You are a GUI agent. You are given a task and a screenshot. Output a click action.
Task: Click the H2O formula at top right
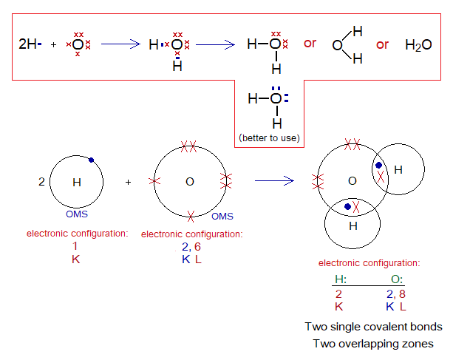pyautogui.click(x=418, y=45)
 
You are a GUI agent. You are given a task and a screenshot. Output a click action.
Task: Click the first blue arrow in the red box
pyautogui.click(x=120, y=44)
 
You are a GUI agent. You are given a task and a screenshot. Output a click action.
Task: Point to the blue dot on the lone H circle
pyautogui.click(x=90, y=159)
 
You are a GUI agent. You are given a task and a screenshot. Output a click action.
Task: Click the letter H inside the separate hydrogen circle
pyautogui.click(x=76, y=181)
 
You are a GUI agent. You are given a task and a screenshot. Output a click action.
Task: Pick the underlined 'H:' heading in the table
pyautogui.click(x=341, y=280)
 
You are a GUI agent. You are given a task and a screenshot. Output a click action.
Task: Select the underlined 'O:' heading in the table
pyautogui.click(x=396, y=280)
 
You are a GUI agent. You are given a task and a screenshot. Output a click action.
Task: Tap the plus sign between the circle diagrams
pyautogui.click(x=128, y=180)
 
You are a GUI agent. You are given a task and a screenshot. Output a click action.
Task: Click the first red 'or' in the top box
pyautogui.click(x=310, y=44)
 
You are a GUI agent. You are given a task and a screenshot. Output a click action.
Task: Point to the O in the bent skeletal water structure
pyautogui.click(x=338, y=45)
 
